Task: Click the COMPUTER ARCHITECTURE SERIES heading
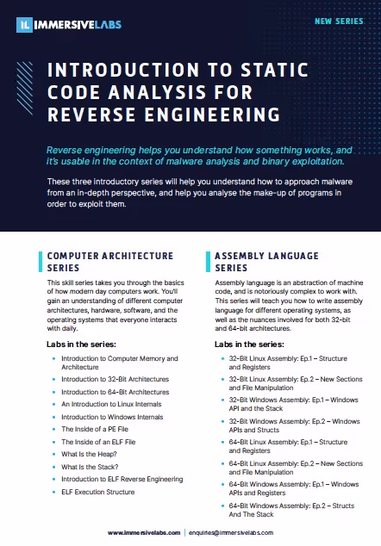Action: [109, 262]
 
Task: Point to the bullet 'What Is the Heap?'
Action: [91, 454]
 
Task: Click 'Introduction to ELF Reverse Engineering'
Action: [123, 479]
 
